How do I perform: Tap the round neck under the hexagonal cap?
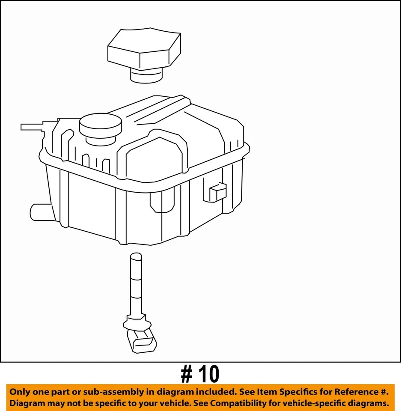click(x=146, y=76)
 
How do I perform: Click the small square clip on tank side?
click(x=218, y=192)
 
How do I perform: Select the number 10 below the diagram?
click(x=208, y=375)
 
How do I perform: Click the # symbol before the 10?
click(x=186, y=375)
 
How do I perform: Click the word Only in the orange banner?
click(x=20, y=392)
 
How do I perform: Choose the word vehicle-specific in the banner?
click(x=325, y=403)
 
